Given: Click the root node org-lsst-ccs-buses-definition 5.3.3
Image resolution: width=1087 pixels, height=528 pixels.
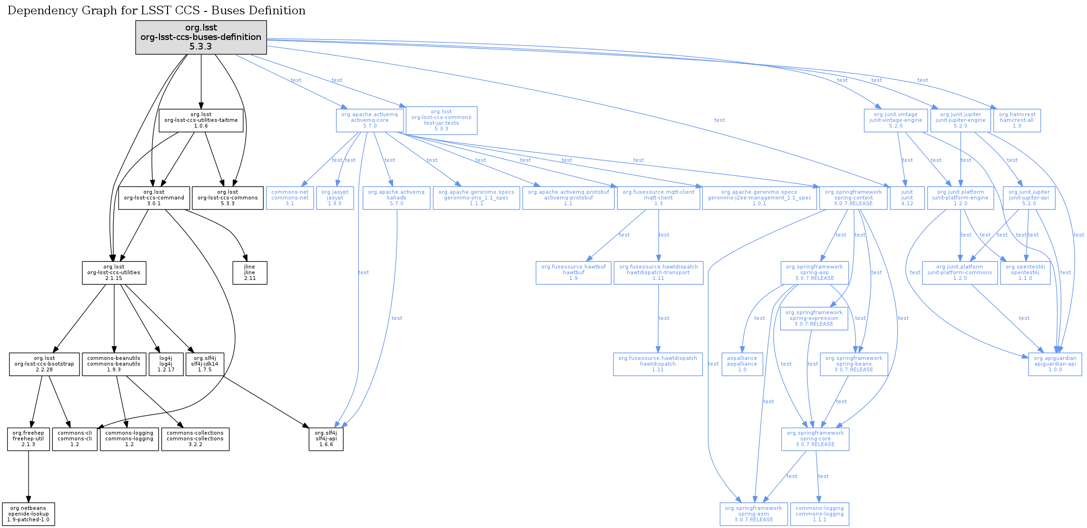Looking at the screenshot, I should click(201, 37).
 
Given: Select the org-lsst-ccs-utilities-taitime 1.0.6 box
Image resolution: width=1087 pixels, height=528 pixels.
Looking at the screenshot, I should click(201, 120).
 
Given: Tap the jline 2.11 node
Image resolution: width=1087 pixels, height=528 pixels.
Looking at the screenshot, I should click(250, 273).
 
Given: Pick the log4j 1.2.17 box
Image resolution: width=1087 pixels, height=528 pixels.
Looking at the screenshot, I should click(166, 364).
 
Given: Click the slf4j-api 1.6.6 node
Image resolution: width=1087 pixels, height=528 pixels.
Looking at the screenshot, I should click(326, 439).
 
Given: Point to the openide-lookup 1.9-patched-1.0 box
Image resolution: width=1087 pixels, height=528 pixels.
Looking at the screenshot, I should click(29, 514).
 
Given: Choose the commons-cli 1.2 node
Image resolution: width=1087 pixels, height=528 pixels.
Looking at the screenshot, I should click(75, 439).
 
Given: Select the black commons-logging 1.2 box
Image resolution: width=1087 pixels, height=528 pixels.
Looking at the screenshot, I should click(129, 439).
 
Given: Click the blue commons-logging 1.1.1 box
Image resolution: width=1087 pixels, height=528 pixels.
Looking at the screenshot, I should click(820, 514).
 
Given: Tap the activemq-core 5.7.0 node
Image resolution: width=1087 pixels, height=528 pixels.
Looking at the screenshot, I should click(370, 120).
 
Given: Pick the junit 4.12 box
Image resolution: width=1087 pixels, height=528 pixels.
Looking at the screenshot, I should click(907, 198).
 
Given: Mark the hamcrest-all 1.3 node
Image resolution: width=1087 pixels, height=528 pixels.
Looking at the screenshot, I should click(1017, 120).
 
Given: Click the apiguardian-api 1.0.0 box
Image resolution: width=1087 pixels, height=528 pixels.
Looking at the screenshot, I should click(1055, 364).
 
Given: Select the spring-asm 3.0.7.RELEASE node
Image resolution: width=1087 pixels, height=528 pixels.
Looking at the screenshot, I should click(753, 514).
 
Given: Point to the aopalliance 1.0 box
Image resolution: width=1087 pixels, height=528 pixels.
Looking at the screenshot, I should click(742, 364).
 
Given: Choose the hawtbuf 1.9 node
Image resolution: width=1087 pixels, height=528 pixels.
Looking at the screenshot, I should click(573, 273).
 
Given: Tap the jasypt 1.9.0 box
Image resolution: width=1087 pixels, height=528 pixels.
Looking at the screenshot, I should click(335, 198).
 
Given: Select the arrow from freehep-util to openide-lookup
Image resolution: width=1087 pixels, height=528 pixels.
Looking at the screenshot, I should click(29, 476).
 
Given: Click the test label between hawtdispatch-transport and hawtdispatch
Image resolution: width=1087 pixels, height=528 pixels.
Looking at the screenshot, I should click(664, 318).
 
